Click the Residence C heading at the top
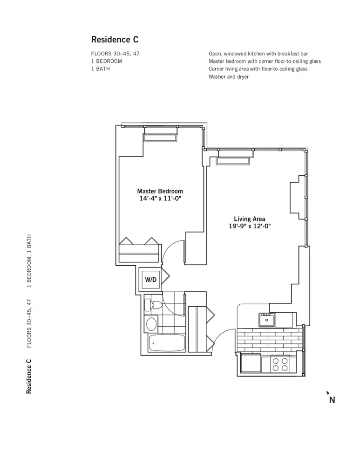coord(115,40)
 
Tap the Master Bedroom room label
coord(160,191)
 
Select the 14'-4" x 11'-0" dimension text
coord(160,199)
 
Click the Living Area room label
coord(249,219)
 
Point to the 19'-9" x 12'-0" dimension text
coord(249,226)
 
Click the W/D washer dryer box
coord(151,280)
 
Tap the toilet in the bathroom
coord(153,305)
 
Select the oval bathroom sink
coord(152,323)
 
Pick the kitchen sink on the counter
coord(267,320)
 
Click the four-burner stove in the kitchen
coord(279,364)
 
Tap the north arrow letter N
coord(332,399)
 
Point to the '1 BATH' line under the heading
coord(101,69)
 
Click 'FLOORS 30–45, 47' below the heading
coord(115,54)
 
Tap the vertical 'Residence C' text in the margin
coord(29,376)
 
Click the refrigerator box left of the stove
coord(251,363)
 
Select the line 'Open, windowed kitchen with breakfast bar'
coord(258,54)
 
